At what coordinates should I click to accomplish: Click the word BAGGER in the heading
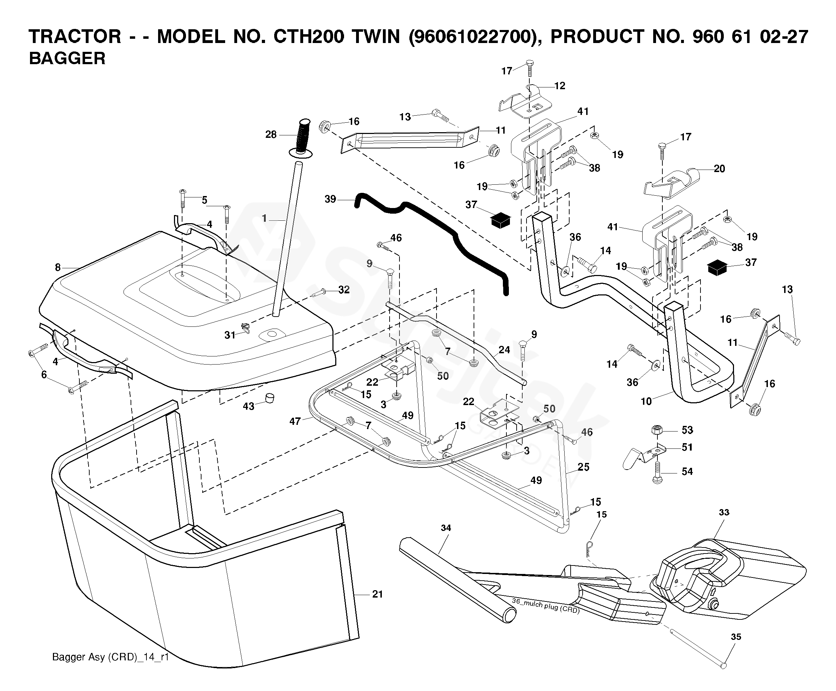(67, 59)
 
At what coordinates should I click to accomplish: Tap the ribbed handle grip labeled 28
(302, 136)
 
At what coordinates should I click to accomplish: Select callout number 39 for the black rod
(330, 199)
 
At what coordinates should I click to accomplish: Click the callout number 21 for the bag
(377, 594)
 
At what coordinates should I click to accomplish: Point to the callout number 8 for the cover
(58, 267)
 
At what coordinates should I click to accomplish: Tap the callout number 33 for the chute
(724, 512)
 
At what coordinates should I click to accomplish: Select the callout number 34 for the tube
(446, 528)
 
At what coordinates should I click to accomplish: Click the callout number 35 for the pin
(736, 637)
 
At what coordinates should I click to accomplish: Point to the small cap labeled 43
(270, 398)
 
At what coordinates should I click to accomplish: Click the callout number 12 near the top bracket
(560, 86)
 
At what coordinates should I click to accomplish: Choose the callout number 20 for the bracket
(719, 169)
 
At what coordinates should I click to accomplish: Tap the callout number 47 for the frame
(295, 421)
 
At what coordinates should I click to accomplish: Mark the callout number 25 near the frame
(583, 467)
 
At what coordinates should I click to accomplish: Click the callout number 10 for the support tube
(646, 402)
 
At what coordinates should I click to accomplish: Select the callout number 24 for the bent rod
(504, 350)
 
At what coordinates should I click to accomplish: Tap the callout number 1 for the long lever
(264, 218)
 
